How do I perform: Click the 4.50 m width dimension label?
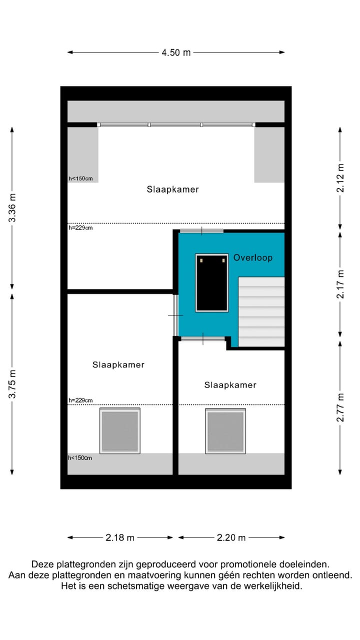point(176,52)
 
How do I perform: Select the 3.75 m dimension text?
point(12,383)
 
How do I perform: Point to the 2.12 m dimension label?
point(340,177)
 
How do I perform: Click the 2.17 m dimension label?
point(340,284)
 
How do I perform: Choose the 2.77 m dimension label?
point(340,407)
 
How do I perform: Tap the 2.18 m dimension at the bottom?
point(120,537)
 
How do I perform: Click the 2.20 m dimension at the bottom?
point(231,537)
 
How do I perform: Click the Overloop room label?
point(253,257)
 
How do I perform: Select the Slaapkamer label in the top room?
point(172,189)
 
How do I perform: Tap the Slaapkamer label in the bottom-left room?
point(118,365)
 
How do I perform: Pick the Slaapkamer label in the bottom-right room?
point(230,385)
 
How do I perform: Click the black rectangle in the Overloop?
point(211,282)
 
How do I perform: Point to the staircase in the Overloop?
point(261,312)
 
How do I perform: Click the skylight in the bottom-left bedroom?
point(120,430)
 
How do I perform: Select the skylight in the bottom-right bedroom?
point(225,431)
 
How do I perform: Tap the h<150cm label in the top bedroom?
point(80,178)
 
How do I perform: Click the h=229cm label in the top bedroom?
point(80,228)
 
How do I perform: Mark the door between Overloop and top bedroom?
point(201,230)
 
